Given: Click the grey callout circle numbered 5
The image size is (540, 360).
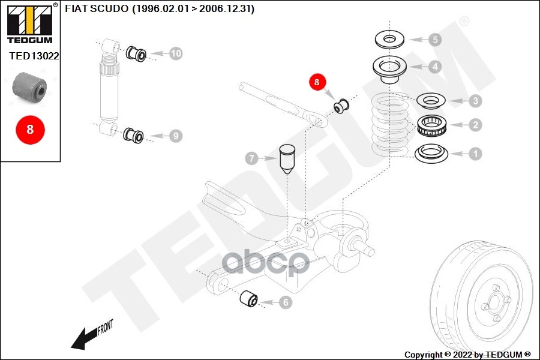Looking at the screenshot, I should [x=434, y=40].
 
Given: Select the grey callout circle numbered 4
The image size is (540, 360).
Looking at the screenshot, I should [x=434, y=67].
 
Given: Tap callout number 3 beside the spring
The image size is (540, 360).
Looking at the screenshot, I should [x=475, y=101].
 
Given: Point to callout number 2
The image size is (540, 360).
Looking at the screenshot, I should [x=475, y=125].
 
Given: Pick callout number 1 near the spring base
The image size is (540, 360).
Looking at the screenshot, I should [x=475, y=154].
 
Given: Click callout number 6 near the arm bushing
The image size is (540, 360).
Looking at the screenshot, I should [x=285, y=303].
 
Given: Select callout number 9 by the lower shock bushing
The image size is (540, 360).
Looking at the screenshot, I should [x=175, y=136].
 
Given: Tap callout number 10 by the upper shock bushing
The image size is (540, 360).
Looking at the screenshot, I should [x=175, y=53].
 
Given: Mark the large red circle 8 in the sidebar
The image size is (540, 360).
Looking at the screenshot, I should [x=29, y=129].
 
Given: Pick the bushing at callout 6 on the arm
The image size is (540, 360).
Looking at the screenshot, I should [x=248, y=298].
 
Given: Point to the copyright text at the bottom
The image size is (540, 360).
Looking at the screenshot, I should [x=467, y=354].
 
